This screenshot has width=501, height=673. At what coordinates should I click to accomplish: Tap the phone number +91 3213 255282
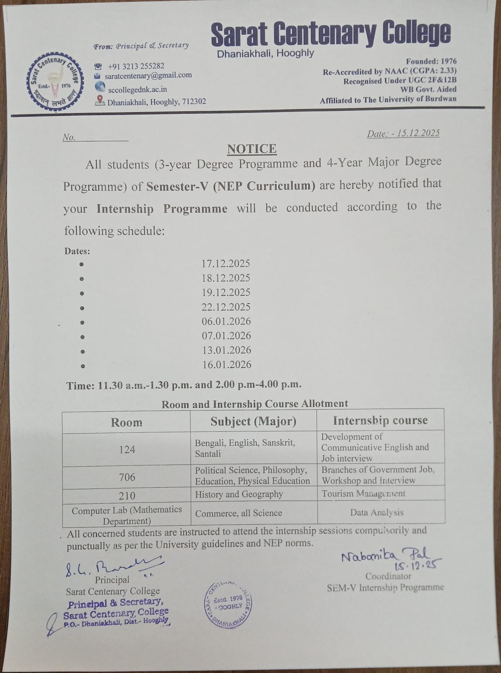pos(136,66)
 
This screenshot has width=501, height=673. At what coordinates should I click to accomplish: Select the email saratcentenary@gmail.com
pos(148,75)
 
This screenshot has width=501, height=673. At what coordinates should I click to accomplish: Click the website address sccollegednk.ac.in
pos(137,89)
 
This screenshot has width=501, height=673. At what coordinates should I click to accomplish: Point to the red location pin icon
pos(100,100)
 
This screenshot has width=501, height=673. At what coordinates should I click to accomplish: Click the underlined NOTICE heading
pos(252,149)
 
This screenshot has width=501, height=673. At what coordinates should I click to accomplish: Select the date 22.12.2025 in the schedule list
pos(226,307)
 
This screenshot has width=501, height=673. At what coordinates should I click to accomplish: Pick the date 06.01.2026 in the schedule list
pos(226,321)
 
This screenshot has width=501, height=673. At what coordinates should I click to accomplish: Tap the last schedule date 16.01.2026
pos(226,365)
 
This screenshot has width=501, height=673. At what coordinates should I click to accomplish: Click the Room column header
pos(127,422)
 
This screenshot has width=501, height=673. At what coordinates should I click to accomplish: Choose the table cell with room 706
pos(127,477)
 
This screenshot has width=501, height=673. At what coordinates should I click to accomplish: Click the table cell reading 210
pos(127,495)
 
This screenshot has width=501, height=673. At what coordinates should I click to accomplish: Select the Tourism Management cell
pos(364,494)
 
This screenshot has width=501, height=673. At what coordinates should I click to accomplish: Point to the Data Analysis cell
pos(377,512)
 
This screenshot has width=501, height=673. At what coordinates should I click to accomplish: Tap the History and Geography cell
pos(239,494)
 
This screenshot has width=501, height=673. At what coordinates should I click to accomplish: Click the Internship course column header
pos(380,420)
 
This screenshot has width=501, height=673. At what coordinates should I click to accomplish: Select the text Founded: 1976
pos(431,61)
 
